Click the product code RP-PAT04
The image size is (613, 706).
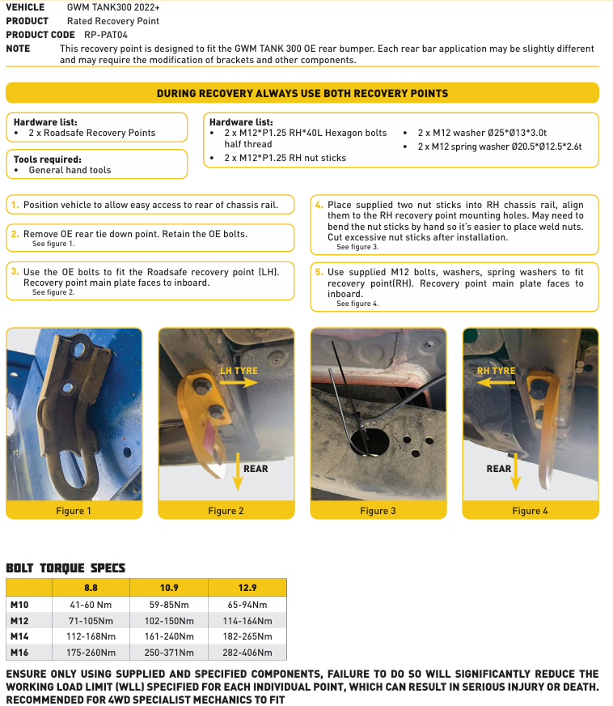106,35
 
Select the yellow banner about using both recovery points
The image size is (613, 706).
302,93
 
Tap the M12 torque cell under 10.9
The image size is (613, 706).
169,621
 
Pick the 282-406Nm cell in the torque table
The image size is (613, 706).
247,652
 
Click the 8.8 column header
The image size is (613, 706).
91,588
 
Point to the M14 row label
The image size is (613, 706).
19,636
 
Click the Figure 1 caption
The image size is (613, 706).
74,511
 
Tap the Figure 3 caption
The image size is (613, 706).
378,511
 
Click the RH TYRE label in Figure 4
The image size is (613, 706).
496,371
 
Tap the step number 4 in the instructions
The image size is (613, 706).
319,205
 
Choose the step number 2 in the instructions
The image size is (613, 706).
15,234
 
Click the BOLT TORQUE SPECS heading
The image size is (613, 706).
66,568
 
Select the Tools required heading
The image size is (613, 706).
48,159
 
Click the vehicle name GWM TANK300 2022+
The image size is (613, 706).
113,7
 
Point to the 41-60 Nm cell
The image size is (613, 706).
91,605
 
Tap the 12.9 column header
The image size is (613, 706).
247,588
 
